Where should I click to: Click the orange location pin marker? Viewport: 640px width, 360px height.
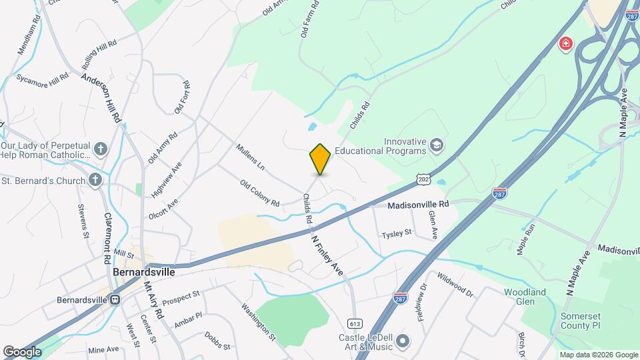point(320,159)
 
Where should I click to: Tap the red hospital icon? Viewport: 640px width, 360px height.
point(565,45)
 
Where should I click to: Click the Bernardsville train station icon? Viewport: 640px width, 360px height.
point(115,299)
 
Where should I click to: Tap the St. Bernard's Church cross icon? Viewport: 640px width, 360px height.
point(95,180)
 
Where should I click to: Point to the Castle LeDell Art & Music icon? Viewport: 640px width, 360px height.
point(402,342)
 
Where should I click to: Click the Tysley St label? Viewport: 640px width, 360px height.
point(397,233)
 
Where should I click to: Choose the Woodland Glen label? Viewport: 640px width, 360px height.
point(525,297)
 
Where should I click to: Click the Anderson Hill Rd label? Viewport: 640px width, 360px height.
point(103,97)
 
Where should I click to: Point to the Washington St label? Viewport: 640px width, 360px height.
point(258,322)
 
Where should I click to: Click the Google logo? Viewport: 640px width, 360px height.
point(22,351)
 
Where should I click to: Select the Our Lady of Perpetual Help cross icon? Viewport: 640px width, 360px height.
point(100,148)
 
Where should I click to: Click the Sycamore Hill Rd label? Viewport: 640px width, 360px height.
point(42,78)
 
